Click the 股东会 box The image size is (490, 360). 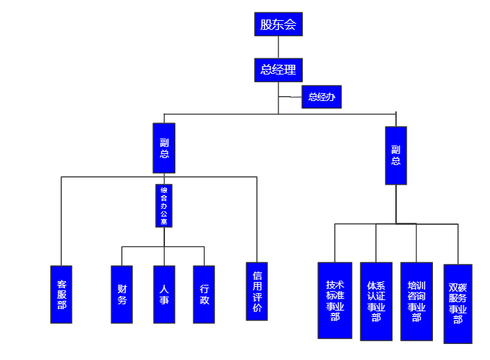click(x=278, y=24)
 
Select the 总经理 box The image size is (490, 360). click(x=278, y=70)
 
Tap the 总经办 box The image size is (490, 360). click(x=322, y=97)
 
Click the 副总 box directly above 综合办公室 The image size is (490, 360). click(x=164, y=148)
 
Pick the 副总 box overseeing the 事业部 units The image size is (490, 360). click(x=396, y=155)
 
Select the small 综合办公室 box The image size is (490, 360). click(x=164, y=205)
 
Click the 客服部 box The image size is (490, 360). click(x=61, y=294)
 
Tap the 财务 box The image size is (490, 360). click(x=122, y=294)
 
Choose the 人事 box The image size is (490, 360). click(x=164, y=294)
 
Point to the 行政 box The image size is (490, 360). click(x=204, y=294)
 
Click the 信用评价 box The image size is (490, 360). click(x=257, y=291)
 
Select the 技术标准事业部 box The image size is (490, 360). click(x=335, y=300)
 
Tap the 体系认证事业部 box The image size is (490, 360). click(x=376, y=301)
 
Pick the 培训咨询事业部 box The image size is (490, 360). click(x=416, y=301)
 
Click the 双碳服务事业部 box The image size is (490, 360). click(x=457, y=304)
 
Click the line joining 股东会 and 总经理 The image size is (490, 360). click(x=278, y=47)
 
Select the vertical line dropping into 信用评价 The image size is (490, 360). click(x=257, y=219)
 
